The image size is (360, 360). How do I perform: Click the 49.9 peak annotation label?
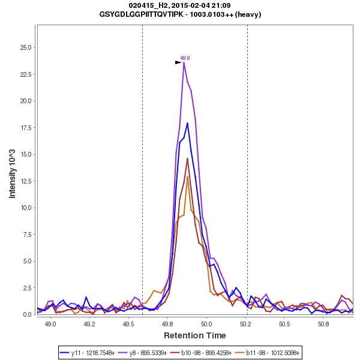tap(185, 58)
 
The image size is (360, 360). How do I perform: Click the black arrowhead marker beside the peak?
tap(178, 62)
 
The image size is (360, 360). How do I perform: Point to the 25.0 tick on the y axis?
tap(26, 47)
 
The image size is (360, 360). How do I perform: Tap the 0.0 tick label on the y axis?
tap(28, 314)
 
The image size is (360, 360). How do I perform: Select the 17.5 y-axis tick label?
tap(26, 128)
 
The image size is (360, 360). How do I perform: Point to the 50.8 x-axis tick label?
tap(323, 324)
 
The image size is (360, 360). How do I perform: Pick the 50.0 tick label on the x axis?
tap(206, 324)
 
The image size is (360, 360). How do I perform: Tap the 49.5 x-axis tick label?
tap(128, 324)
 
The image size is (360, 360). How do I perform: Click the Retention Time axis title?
tap(195, 335)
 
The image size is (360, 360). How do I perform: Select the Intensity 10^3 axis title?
tap(13, 170)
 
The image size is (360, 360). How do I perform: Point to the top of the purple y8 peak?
tap(184, 62)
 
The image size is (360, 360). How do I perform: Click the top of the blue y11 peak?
tap(188, 123)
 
